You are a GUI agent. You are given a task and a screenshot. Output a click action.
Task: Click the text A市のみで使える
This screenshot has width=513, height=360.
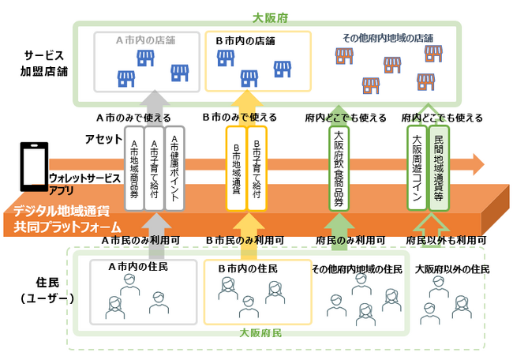(133, 118)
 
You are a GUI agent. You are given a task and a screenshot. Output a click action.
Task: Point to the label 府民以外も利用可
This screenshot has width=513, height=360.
(445, 239)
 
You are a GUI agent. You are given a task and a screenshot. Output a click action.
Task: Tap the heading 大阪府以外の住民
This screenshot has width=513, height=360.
(452, 268)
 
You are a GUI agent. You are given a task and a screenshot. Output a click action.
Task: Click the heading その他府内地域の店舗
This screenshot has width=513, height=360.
(388, 37)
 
